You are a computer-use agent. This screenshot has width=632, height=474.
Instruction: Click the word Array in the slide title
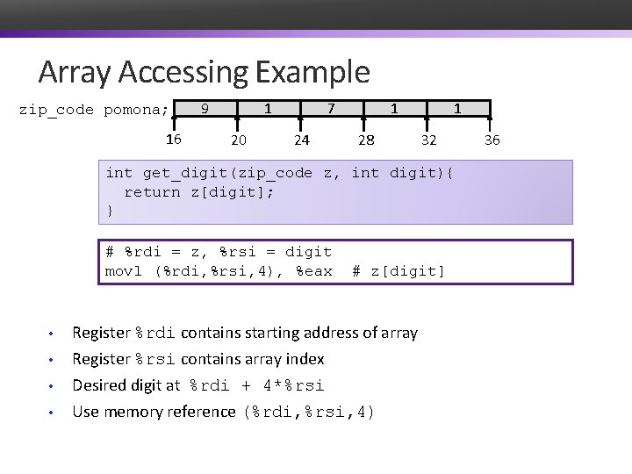(x=73, y=71)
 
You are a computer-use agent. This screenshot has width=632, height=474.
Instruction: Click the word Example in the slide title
(x=313, y=71)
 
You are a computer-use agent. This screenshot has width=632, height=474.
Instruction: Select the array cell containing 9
(x=205, y=109)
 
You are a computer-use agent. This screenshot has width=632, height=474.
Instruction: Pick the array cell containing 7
(x=330, y=109)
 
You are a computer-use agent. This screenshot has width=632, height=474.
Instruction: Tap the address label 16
(x=174, y=140)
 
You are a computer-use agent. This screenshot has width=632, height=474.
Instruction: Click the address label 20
(x=238, y=140)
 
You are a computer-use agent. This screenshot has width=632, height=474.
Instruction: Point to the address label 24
(x=301, y=140)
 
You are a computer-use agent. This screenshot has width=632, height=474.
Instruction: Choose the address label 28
(x=365, y=140)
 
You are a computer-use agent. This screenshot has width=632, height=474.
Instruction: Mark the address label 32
(x=428, y=140)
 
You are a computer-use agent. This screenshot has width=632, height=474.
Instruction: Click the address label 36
(x=492, y=140)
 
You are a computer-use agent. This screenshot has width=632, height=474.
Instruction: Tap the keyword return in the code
(x=153, y=192)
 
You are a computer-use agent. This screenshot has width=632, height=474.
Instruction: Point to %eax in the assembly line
(x=314, y=271)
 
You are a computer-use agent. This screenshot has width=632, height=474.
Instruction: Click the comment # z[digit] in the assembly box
(x=399, y=271)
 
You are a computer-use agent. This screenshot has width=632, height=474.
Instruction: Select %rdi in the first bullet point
(x=155, y=334)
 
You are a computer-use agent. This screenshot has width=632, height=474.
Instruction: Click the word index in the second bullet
(x=305, y=360)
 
